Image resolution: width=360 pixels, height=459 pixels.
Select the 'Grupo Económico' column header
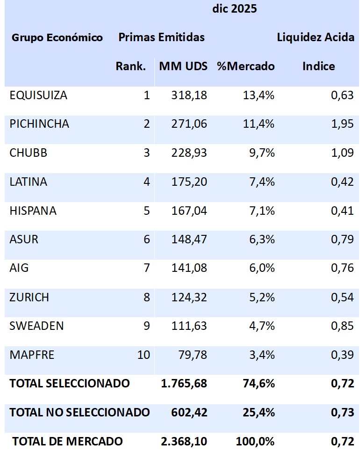pyautogui.click(x=57, y=38)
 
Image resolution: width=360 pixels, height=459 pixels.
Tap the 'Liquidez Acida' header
pyautogui.click(x=316, y=38)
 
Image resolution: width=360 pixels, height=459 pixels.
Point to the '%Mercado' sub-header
pyautogui.click(x=245, y=66)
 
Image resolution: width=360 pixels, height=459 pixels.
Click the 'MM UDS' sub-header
pyautogui.click(x=183, y=66)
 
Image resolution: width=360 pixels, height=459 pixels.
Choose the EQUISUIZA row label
pyautogui.click(x=38, y=95)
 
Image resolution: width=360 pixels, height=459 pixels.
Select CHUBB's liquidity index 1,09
pyautogui.click(x=342, y=153)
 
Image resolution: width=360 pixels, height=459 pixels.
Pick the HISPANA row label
pyautogui.click(x=33, y=211)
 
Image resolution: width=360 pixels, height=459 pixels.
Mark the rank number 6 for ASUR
pyautogui.click(x=146, y=240)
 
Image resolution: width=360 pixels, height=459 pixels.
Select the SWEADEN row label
pyautogui.click(x=36, y=326)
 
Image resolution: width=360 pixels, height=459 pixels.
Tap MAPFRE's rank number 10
pyautogui.click(x=144, y=355)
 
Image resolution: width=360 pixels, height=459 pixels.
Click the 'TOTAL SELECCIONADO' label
pyautogui.click(x=70, y=384)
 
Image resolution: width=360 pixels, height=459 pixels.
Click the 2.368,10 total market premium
pyautogui.click(x=184, y=441)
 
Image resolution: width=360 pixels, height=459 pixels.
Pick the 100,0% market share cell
pyautogui.click(x=255, y=441)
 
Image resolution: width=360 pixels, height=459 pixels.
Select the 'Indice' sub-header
pyautogui.click(x=318, y=66)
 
